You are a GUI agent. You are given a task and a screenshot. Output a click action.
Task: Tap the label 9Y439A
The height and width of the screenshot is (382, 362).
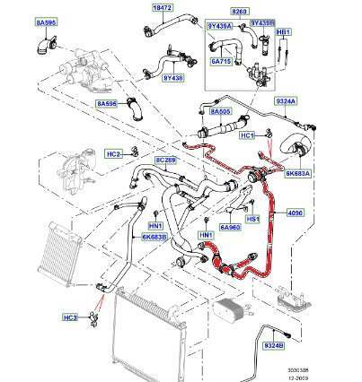[x=219, y=26]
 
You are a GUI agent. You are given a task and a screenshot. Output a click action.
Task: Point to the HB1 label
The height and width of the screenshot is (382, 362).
[x=284, y=32]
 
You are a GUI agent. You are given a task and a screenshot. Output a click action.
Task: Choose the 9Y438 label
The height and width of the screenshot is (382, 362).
[x=173, y=77]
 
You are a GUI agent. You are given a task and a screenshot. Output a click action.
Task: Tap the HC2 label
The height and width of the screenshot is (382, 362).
[x=114, y=153]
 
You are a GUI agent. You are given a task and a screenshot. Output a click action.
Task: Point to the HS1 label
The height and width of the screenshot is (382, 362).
[x=252, y=217]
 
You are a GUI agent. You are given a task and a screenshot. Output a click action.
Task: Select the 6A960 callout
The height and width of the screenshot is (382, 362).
[x=232, y=229]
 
